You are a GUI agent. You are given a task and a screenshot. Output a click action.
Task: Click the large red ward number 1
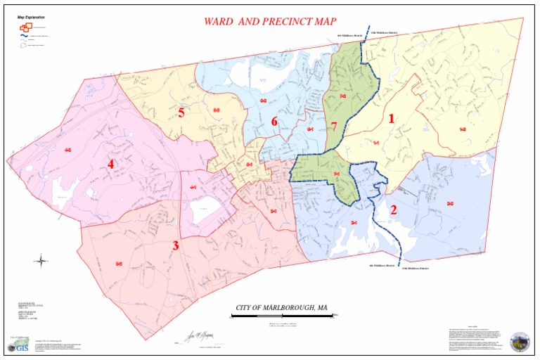[x=392, y=119]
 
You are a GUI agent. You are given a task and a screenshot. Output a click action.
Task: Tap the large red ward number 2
[x=394, y=210]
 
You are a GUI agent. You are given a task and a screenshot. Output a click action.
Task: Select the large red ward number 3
[x=176, y=245]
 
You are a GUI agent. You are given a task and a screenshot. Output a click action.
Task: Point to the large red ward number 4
[x=110, y=165]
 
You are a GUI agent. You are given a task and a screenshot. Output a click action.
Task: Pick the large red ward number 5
[x=181, y=112]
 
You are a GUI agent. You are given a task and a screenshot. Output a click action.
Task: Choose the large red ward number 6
[x=275, y=122]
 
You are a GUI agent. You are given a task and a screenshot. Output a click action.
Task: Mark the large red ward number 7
[x=334, y=127]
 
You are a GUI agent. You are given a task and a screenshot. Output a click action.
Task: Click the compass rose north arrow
[x=41, y=262]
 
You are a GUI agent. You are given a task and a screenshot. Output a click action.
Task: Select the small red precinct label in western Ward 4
[x=68, y=150]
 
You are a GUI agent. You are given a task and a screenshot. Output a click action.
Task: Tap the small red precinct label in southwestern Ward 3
[x=119, y=264]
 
